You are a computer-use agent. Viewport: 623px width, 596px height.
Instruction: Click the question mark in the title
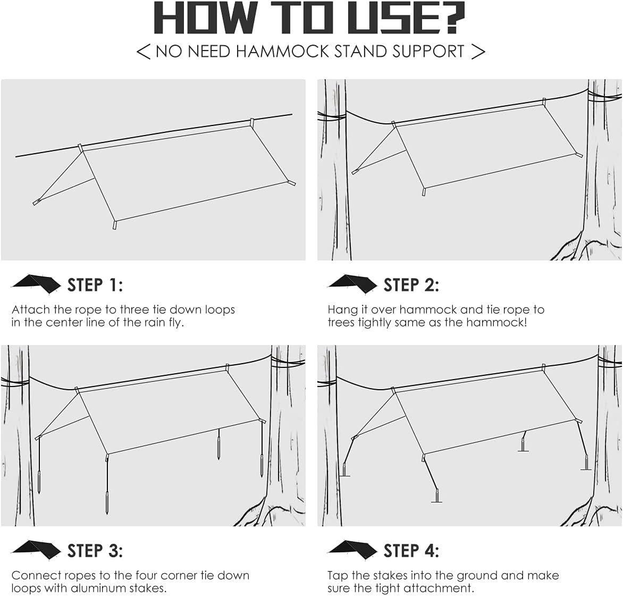click(x=449, y=18)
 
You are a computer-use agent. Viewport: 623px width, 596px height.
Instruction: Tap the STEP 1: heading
click(x=95, y=285)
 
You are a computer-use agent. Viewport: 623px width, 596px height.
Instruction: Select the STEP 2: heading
click(x=411, y=285)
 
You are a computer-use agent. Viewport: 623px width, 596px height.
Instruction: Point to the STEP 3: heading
click(x=95, y=551)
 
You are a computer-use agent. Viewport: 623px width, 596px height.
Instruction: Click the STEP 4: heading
click(x=411, y=551)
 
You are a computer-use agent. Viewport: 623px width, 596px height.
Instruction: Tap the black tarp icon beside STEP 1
click(x=36, y=284)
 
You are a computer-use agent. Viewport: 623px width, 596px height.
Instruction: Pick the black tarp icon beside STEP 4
click(x=352, y=549)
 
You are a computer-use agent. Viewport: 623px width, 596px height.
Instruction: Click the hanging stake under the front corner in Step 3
click(x=108, y=500)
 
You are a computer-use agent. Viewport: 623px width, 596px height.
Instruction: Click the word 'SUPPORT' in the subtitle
click(x=428, y=51)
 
